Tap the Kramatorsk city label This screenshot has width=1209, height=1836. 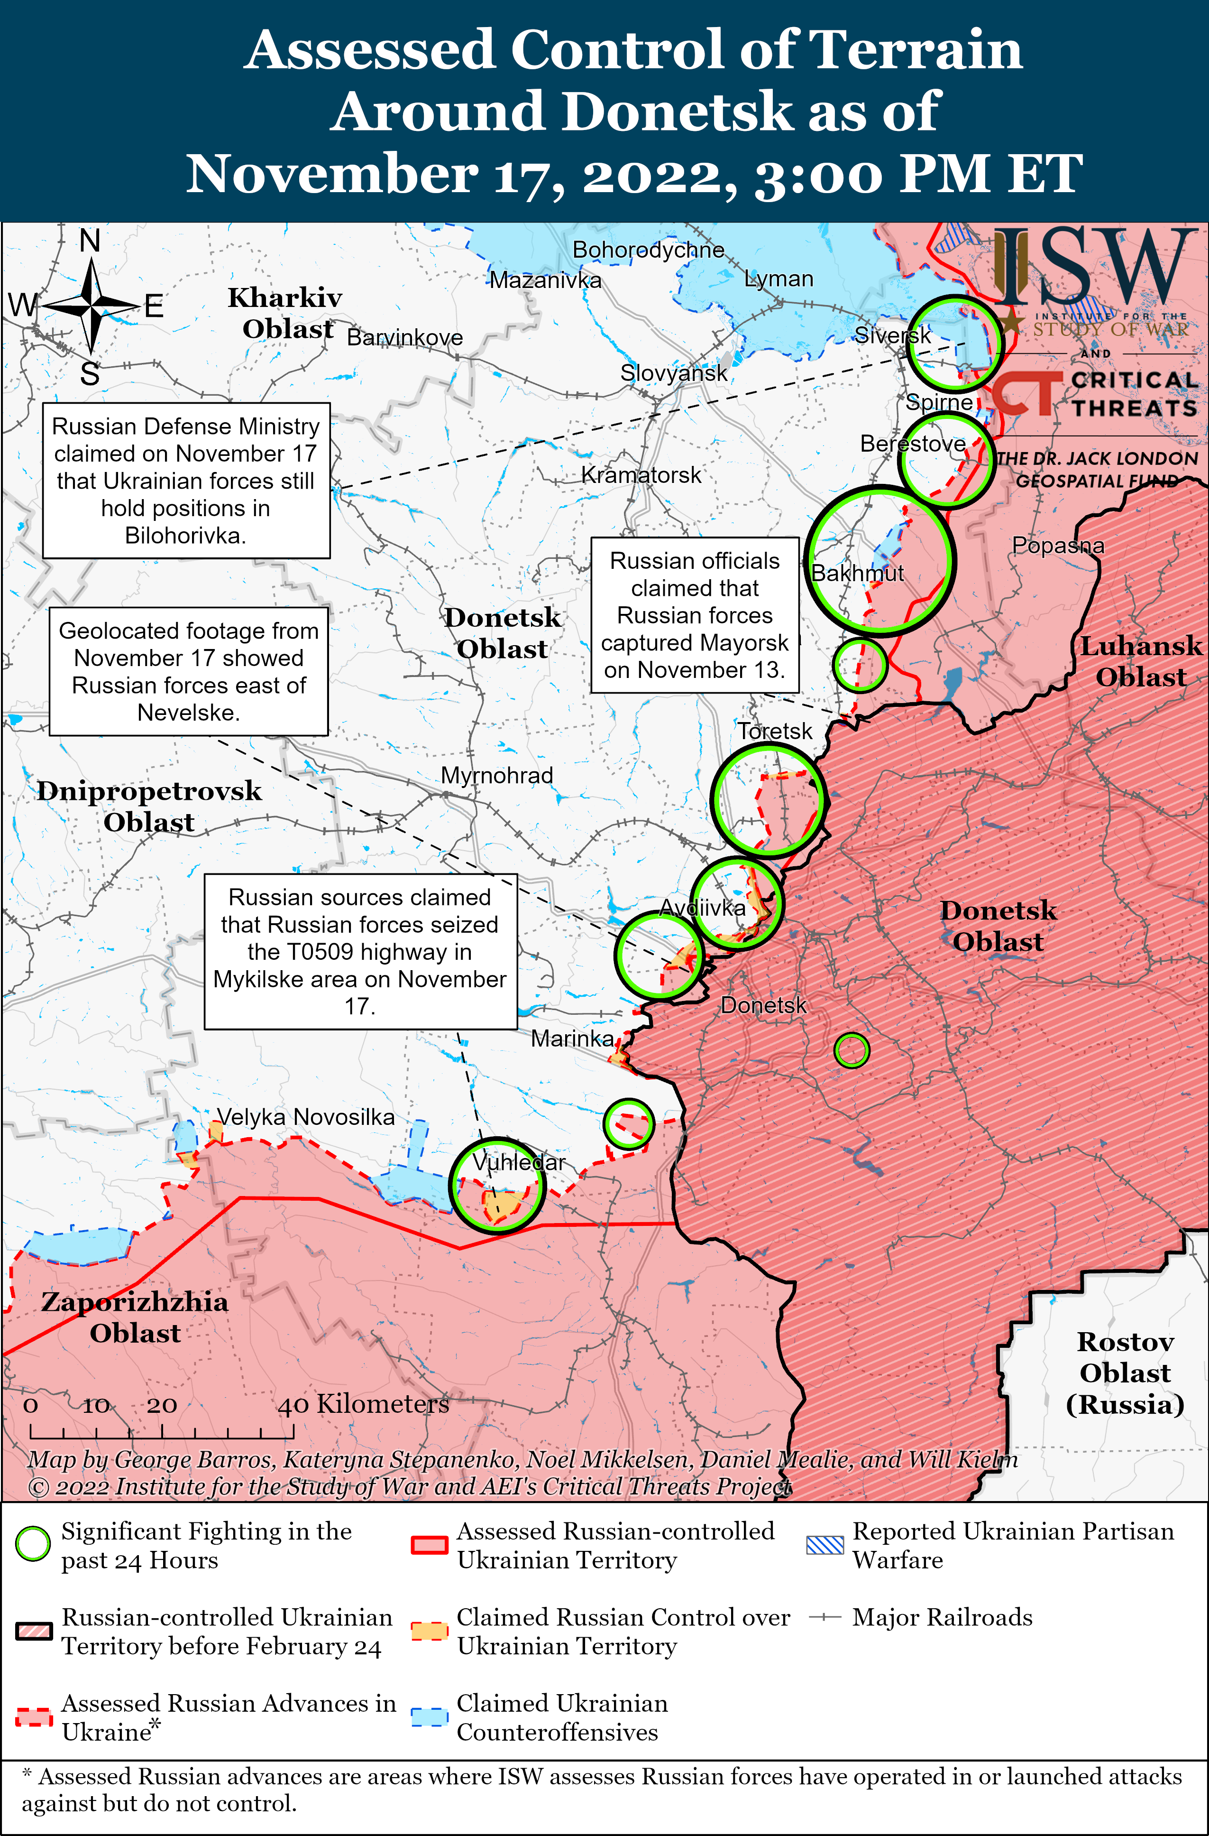point(641,475)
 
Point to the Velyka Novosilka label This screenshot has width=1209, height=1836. point(305,1117)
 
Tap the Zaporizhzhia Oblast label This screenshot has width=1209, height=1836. point(135,1317)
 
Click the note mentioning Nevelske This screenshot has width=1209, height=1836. point(188,671)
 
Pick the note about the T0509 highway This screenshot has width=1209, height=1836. point(360,951)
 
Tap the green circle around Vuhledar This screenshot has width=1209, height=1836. point(497,1186)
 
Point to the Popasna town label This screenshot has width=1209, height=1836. point(1057,546)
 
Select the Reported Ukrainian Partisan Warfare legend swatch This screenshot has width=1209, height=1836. point(824,1545)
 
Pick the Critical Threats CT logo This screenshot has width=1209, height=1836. point(1026,393)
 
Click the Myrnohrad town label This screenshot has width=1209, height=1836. point(496,775)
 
